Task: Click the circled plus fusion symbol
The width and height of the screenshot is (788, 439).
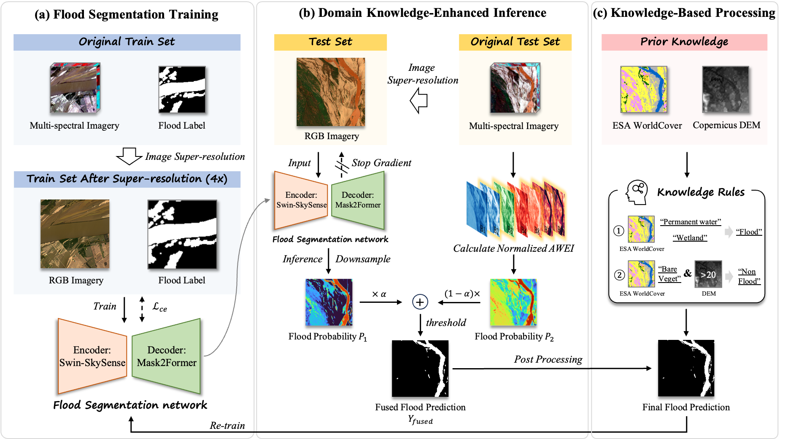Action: click(x=420, y=302)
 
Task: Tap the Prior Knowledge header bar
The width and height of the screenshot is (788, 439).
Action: click(x=684, y=42)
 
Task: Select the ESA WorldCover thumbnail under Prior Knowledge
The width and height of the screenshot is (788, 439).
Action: click(x=643, y=89)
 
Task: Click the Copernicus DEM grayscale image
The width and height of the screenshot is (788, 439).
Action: click(x=725, y=89)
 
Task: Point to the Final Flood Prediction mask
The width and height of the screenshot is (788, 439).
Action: click(x=686, y=368)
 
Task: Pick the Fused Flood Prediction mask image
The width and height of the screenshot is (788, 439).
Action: click(x=420, y=369)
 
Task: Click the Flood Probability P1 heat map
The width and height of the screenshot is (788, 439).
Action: click(x=329, y=302)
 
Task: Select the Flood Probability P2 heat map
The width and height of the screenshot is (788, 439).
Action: click(x=513, y=302)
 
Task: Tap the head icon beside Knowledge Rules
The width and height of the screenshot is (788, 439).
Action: click(x=637, y=192)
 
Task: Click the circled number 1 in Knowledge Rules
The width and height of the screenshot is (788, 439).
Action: click(x=618, y=231)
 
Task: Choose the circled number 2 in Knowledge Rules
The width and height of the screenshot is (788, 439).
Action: click(x=619, y=275)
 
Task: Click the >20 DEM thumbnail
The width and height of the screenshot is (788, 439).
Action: click(x=708, y=275)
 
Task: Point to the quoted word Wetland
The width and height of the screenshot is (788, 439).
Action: click(x=690, y=238)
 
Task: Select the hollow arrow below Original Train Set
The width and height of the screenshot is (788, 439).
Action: click(x=129, y=156)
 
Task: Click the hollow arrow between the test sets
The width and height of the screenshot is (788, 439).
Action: click(x=419, y=101)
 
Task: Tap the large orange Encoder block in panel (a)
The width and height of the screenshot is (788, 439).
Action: click(x=92, y=356)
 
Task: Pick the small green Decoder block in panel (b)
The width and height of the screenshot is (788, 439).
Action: click(x=358, y=200)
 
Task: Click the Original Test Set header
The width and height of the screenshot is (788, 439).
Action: click(x=515, y=42)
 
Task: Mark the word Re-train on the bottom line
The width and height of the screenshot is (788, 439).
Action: click(x=227, y=426)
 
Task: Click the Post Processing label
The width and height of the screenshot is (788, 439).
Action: click(x=548, y=359)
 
